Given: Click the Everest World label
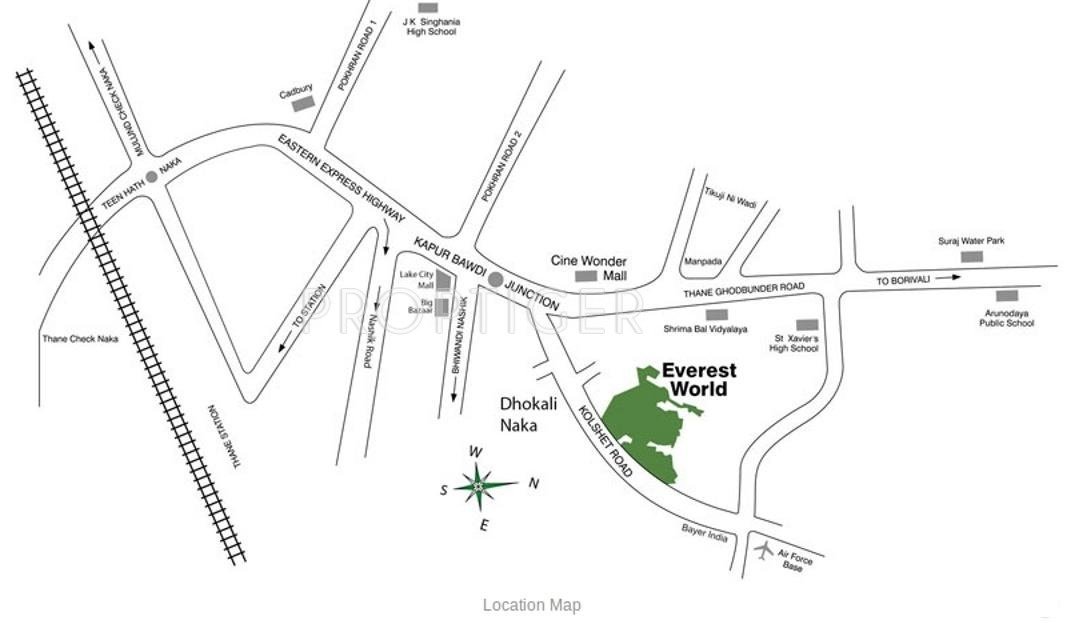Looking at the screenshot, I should point(699,379).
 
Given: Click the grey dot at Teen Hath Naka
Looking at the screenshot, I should point(152,177).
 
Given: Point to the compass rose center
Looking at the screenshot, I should point(479,486).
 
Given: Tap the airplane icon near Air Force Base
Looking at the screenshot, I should point(765,550).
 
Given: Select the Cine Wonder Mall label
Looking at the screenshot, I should point(589,267).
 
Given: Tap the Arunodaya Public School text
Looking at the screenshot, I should point(1006,318).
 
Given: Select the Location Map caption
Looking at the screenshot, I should point(531,605).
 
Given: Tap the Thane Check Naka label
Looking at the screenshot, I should point(80,339).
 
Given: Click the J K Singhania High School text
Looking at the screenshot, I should point(430,26).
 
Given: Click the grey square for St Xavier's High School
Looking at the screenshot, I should point(807,325).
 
